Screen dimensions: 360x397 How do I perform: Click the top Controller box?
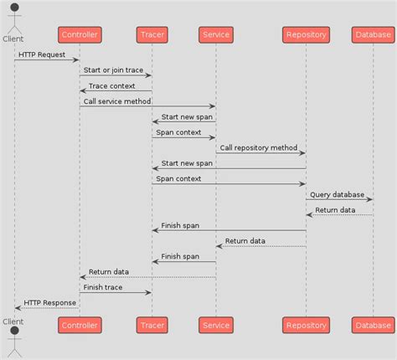(80, 34)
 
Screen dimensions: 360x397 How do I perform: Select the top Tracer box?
(152, 34)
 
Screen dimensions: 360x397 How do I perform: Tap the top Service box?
(216, 34)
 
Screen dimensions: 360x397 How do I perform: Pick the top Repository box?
(306, 34)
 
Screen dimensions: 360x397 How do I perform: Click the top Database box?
(373, 34)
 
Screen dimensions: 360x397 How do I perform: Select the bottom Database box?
(373, 325)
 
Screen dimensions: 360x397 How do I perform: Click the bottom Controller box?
(80, 325)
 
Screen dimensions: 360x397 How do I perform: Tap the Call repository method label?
(258, 147)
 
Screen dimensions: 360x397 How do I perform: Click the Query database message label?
(337, 194)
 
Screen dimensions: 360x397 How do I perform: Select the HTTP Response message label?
(49, 302)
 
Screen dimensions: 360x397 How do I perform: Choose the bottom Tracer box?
(152, 325)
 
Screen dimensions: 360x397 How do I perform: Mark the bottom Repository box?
(306, 325)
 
